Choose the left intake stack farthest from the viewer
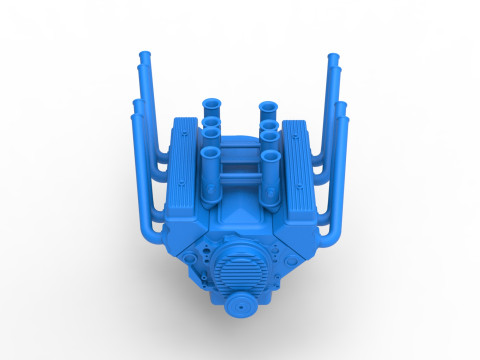point(213,104)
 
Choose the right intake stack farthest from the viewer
point(267,104)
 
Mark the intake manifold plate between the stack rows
point(240,160)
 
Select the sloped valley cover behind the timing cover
point(240,215)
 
